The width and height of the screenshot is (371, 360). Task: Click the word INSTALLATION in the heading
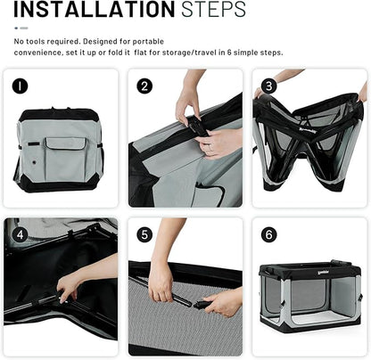pos(95,9)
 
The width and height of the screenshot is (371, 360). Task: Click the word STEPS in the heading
pos(213,9)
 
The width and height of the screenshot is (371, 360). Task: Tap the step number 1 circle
pos(20,86)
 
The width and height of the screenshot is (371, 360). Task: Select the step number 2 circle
pos(144,86)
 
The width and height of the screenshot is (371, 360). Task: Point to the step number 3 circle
pos(268,86)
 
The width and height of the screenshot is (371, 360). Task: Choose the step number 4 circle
pos(20,234)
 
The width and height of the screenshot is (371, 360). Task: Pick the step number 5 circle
pos(144,234)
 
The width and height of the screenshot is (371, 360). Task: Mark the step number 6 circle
pos(268,234)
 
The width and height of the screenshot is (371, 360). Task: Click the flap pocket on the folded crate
pos(66,159)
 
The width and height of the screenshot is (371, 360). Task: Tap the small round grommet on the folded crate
pos(34,162)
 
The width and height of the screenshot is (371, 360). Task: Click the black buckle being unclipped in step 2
pos(199,126)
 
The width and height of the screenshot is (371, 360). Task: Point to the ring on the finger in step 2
pos(209,147)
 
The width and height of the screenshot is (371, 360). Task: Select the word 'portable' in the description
pos(148,42)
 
